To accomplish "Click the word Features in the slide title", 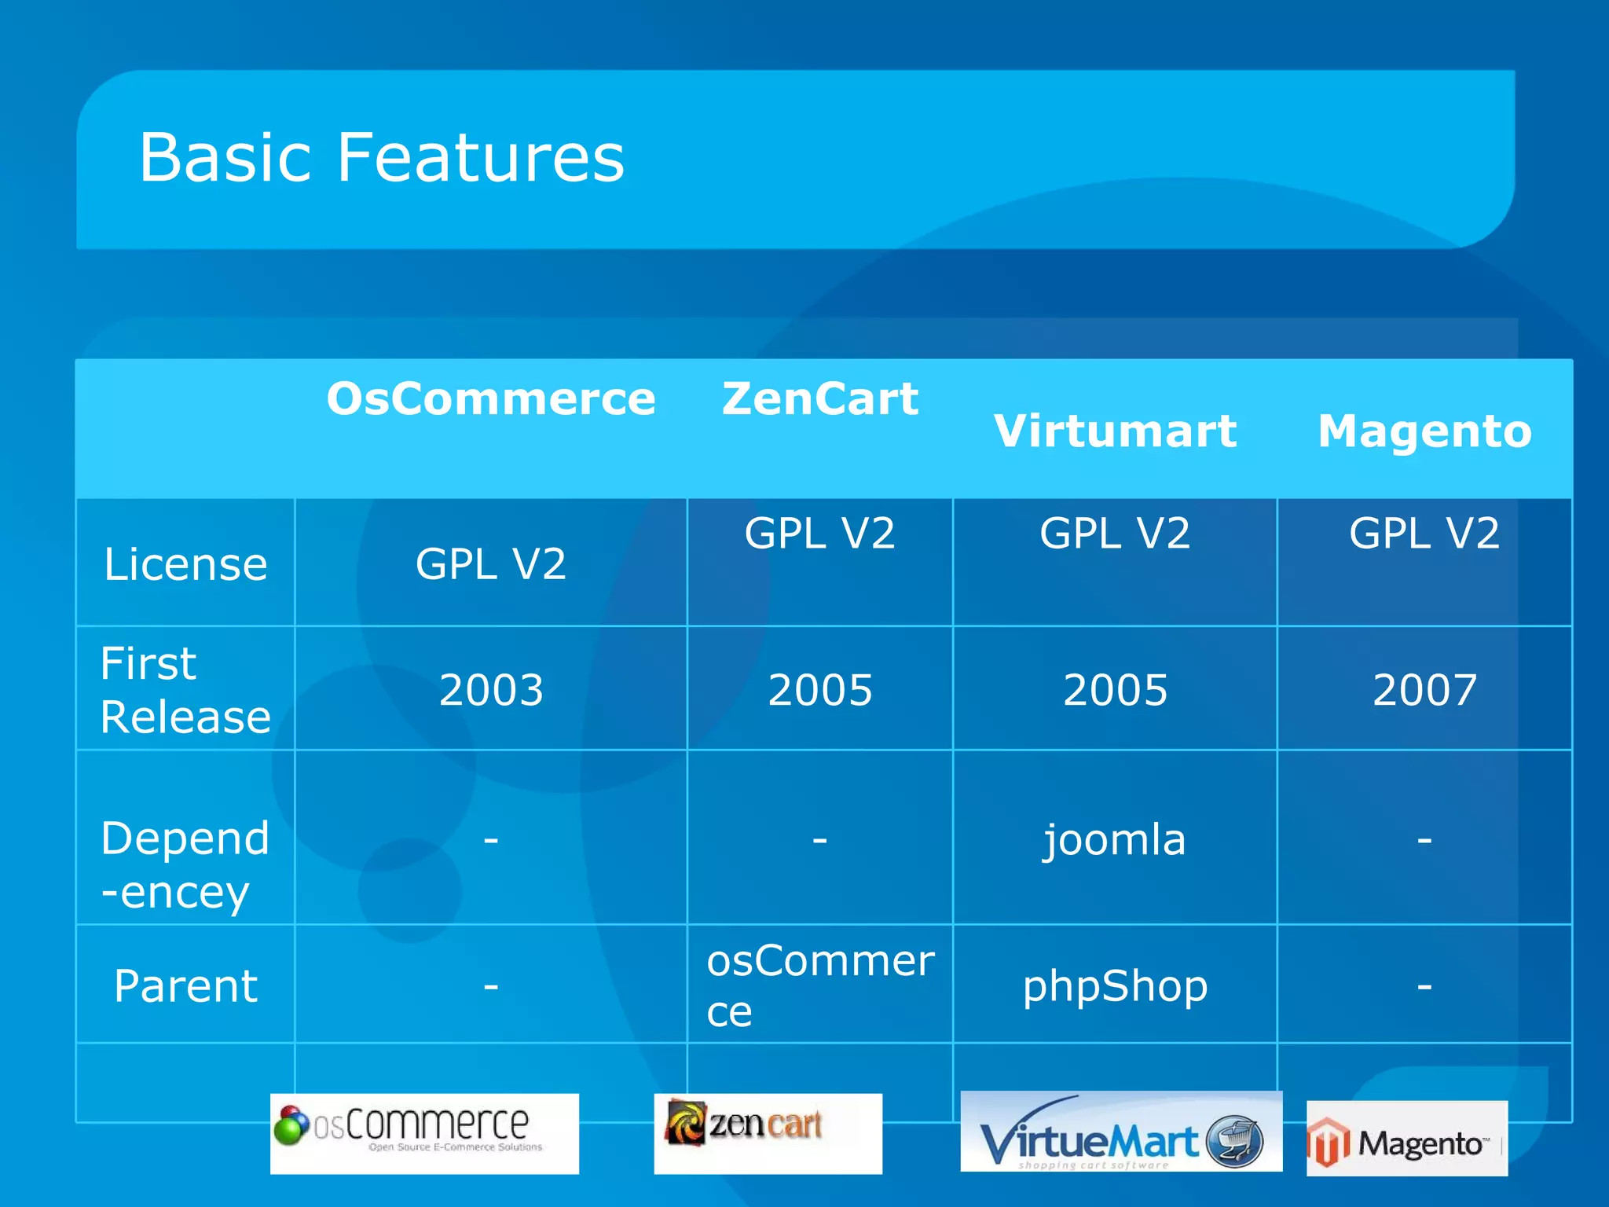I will (x=481, y=159).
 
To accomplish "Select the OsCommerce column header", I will (x=491, y=398).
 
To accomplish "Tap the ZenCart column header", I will (x=819, y=398).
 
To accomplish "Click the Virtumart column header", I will (x=1115, y=431).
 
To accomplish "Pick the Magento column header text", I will (x=1424, y=431).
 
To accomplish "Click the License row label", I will (x=185, y=564).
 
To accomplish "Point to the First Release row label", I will (x=185, y=689).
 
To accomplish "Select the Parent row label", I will (x=185, y=985).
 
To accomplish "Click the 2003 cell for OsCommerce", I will (x=491, y=690).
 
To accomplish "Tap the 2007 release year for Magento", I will (x=1424, y=690).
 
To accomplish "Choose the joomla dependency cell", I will (x=1114, y=839).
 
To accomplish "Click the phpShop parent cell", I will (x=1115, y=985).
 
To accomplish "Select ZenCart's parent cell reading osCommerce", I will (x=819, y=985).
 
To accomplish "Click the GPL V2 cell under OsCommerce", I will (x=491, y=564).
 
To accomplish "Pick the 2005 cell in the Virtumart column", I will (x=1115, y=690).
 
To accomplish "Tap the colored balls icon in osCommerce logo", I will (x=291, y=1124).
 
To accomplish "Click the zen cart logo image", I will (x=767, y=1132).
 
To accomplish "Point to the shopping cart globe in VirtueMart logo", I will (x=1234, y=1141).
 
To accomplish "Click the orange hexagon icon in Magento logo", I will (x=1328, y=1142).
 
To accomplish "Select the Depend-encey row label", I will (x=185, y=864).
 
